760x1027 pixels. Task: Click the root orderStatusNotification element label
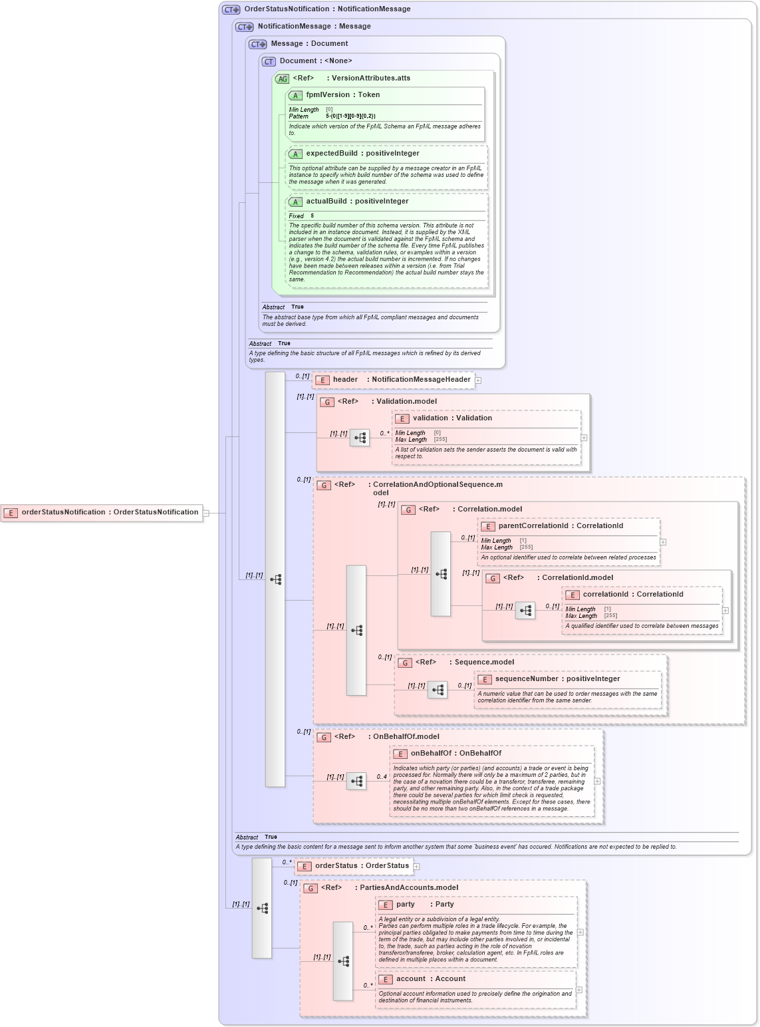[x=110, y=512]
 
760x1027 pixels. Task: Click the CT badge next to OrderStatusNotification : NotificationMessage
[x=231, y=9]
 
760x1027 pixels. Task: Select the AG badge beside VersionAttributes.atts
[x=283, y=78]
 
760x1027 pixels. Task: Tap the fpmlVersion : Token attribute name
[x=342, y=95]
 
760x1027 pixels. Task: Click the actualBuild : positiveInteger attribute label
[x=357, y=202]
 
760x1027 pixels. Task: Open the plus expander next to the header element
[x=478, y=380]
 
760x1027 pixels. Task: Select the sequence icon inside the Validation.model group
[x=360, y=438]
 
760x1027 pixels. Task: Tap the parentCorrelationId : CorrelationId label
[x=561, y=526]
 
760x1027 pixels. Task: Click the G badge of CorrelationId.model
[x=493, y=578]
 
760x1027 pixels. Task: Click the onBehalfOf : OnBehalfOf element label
[x=455, y=754]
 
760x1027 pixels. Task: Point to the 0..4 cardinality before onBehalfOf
[x=382, y=777]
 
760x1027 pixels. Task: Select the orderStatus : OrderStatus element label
[x=362, y=866]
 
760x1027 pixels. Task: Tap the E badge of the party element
[x=385, y=905]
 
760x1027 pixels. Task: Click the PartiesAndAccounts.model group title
[x=408, y=888]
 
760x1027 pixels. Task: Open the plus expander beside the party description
[x=580, y=933]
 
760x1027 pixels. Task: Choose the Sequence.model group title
[x=483, y=662]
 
